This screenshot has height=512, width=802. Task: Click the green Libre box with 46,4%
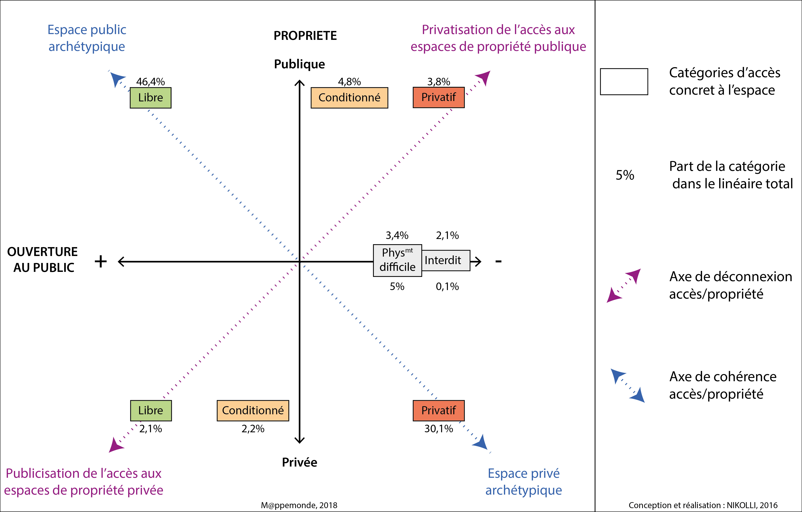[x=151, y=98]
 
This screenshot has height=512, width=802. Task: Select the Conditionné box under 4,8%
[x=349, y=98]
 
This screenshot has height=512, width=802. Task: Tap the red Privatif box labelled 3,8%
[x=439, y=97]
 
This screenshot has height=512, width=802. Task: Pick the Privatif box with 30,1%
[x=439, y=410]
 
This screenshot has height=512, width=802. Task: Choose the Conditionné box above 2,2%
[x=253, y=410]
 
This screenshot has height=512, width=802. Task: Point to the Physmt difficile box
[x=397, y=260]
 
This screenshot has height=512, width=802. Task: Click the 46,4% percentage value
[x=151, y=82]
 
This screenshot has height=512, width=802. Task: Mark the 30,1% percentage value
[x=439, y=429]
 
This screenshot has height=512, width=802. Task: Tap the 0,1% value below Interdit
[x=447, y=286]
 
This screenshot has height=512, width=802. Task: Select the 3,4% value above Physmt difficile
[x=397, y=235]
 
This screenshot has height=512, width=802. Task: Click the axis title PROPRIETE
[x=305, y=36]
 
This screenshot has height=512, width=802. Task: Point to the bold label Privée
[x=299, y=462]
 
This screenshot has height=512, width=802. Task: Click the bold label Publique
[x=299, y=64]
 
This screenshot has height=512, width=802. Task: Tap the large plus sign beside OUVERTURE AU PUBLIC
[x=101, y=261]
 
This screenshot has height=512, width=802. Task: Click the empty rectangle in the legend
[x=624, y=82]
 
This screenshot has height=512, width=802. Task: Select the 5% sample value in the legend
[x=625, y=175]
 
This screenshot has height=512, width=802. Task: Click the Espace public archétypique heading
[x=87, y=38]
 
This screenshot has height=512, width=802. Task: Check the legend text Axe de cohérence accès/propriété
[x=723, y=385]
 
